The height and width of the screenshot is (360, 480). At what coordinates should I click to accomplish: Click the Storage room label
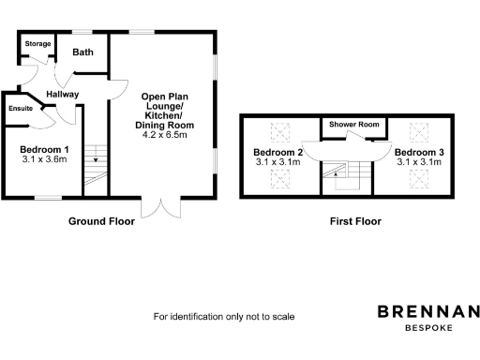37,43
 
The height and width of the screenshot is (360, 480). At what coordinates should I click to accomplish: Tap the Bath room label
83,52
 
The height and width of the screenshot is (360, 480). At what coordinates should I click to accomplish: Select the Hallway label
63,94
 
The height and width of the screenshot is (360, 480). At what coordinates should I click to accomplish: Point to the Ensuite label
21,109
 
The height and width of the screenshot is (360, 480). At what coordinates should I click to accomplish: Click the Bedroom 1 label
45,150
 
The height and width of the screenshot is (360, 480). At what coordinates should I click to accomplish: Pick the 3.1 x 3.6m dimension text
45,159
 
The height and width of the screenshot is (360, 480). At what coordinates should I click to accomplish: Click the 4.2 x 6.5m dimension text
166,135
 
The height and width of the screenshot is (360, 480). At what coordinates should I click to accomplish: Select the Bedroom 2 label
277,152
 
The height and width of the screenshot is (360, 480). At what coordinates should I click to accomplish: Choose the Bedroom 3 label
418,152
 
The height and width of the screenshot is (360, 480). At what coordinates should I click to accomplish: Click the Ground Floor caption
101,222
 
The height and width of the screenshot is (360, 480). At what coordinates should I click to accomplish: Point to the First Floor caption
354,222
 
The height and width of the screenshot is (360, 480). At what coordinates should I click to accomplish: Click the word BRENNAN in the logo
428,311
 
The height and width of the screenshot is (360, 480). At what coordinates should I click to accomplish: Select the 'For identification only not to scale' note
224,317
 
